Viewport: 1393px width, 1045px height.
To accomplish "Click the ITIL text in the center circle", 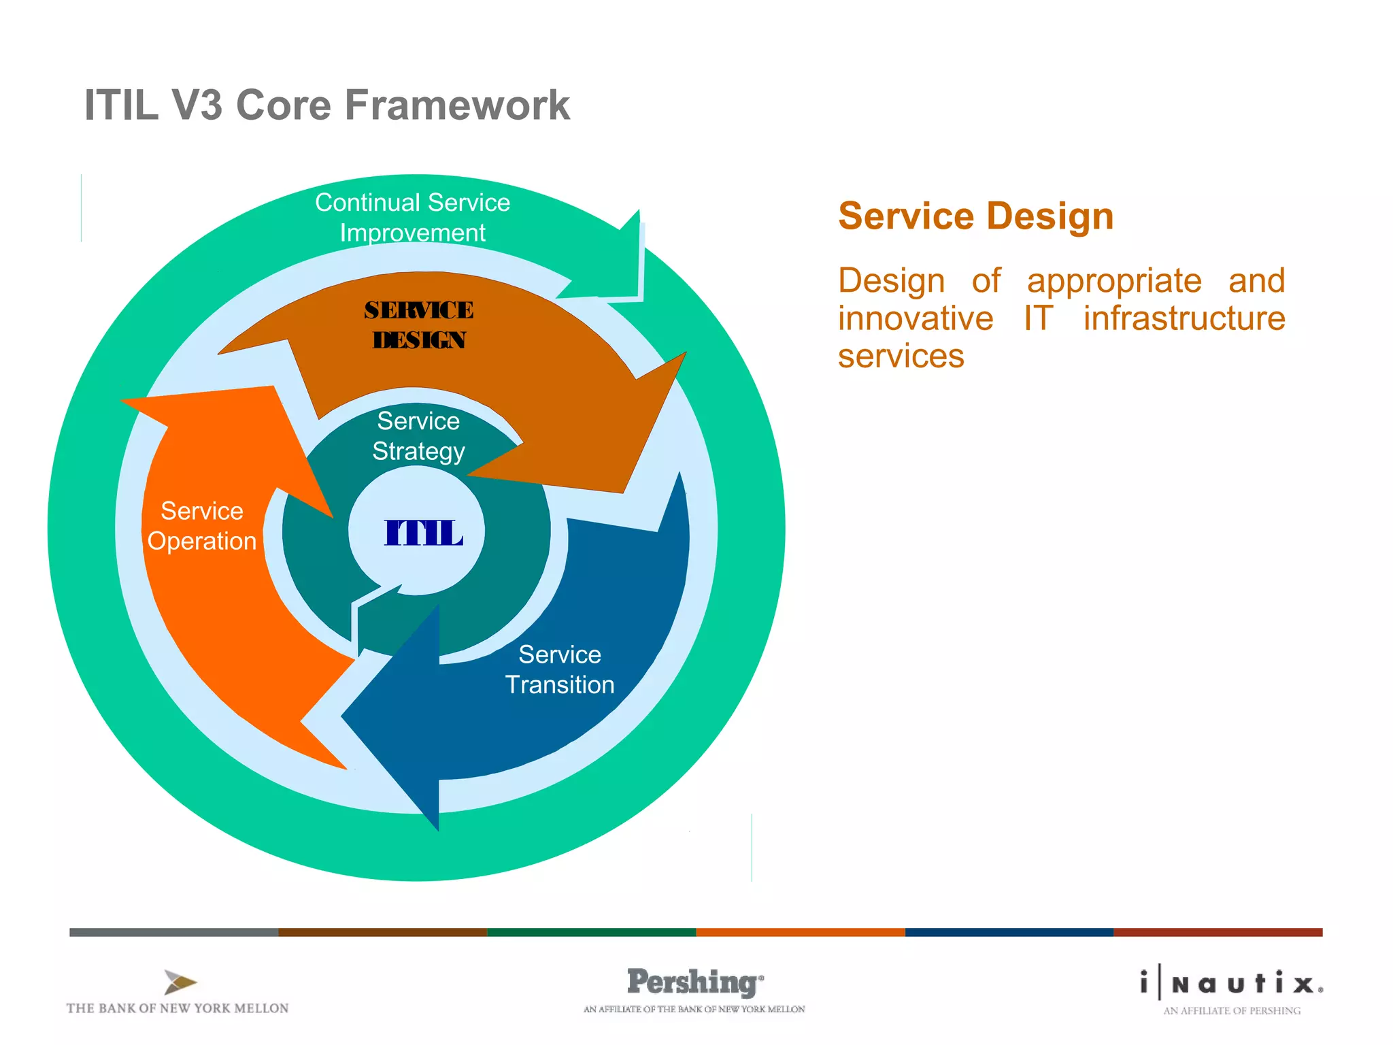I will pyautogui.click(x=423, y=533).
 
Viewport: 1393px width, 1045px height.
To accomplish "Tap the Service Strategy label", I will pyautogui.click(x=418, y=436).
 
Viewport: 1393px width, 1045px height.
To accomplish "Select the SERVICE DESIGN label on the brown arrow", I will pyautogui.click(x=418, y=325).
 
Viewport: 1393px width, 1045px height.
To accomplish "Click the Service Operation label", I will pyautogui.click(x=201, y=526).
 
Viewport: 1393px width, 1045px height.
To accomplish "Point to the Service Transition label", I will pyautogui.click(x=559, y=669).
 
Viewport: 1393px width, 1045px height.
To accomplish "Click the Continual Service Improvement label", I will pyautogui.click(x=412, y=217).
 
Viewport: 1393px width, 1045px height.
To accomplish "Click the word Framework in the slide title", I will pyautogui.click(x=457, y=105).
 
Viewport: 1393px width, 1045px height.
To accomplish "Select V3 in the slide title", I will pyautogui.click(x=197, y=105).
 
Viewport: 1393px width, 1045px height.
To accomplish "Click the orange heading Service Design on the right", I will pyautogui.click(x=975, y=216).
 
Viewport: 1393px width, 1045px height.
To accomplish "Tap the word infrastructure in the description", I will pyautogui.click(x=1184, y=318).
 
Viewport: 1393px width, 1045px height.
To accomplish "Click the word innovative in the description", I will pyautogui.click(x=915, y=318).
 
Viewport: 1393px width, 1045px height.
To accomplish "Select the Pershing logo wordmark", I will pyautogui.click(x=694, y=982).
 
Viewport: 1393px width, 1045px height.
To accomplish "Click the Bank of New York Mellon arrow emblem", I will pyautogui.click(x=180, y=982).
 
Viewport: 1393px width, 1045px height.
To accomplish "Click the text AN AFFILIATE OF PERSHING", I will pyautogui.click(x=1231, y=1011).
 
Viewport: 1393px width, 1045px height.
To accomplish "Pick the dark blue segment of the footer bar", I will pyautogui.click(x=1009, y=932).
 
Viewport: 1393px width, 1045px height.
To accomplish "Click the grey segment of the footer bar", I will pyautogui.click(x=173, y=932).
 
